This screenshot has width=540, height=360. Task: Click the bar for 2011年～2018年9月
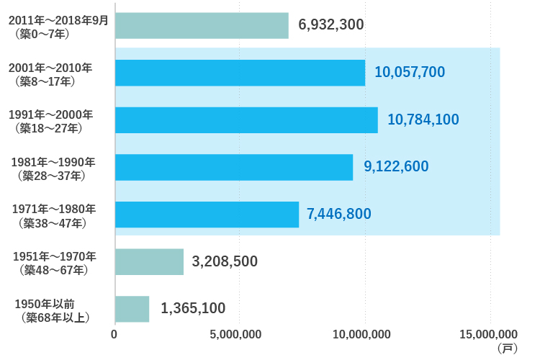(202, 25)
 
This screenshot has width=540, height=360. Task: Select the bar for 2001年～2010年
(240, 73)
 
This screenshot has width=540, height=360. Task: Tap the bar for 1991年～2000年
(246, 120)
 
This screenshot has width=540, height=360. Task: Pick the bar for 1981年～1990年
(234, 167)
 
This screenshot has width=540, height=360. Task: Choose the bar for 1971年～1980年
(207, 215)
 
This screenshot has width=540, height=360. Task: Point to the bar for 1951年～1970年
(149, 261)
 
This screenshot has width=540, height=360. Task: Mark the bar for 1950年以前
(132, 309)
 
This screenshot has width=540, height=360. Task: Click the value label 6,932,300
(330, 25)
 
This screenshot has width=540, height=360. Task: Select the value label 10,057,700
(410, 72)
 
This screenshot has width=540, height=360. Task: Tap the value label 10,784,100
(423, 120)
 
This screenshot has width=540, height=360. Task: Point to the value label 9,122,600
(396, 167)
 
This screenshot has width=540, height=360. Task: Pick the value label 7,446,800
(339, 214)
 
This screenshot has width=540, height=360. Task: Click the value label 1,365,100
(193, 309)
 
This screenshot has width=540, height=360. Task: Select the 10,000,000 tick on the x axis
(362, 334)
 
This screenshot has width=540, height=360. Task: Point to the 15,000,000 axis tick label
(487, 334)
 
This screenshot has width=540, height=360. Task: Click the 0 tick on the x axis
(114, 334)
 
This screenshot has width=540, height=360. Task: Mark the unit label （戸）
(506, 348)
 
